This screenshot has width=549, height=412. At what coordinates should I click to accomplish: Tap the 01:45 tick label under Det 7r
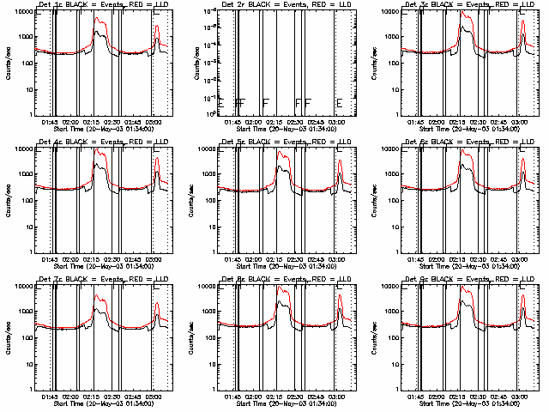click(x=51, y=396)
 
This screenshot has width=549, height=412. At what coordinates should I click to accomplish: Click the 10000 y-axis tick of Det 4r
click(x=24, y=148)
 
